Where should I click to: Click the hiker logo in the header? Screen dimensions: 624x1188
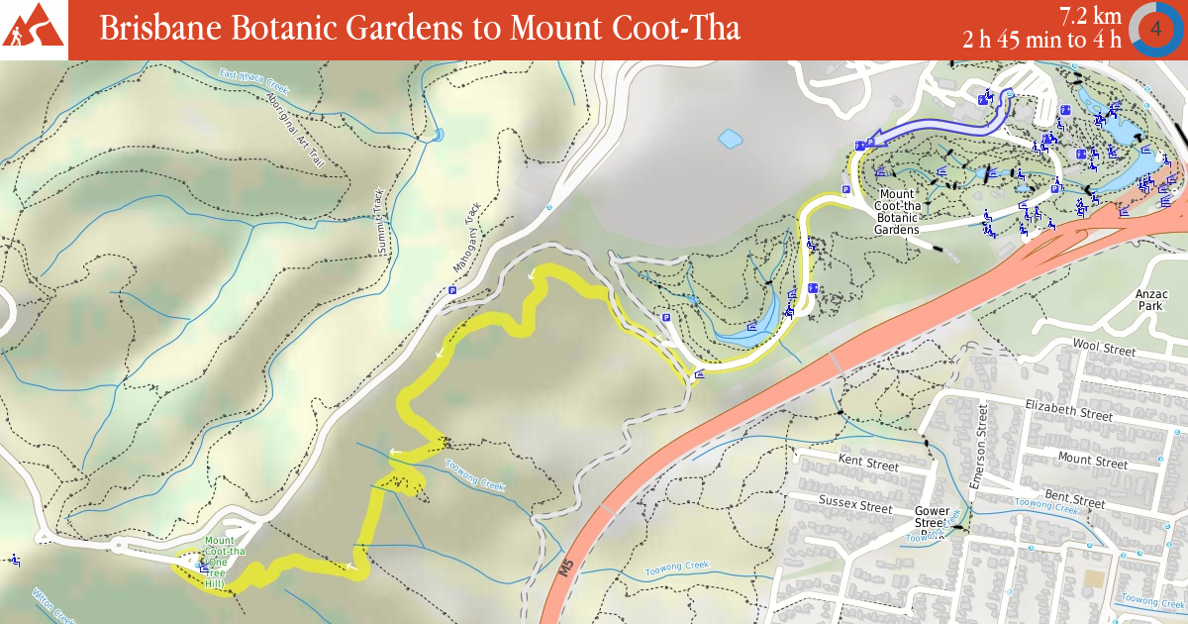(x=34, y=30)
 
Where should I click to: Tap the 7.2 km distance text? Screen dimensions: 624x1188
(x=1089, y=16)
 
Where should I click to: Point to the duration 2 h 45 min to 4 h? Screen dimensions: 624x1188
(x=1041, y=40)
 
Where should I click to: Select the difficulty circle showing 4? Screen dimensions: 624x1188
(x=1156, y=29)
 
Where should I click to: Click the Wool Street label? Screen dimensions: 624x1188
(x=1104, y=349)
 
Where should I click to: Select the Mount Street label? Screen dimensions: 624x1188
(x=1092, y=460)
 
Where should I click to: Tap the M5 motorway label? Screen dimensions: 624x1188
(x=565, y=569)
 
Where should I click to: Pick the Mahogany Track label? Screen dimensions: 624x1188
(x=472, y=235)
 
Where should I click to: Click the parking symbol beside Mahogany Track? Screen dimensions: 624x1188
(x=452, y=290)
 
